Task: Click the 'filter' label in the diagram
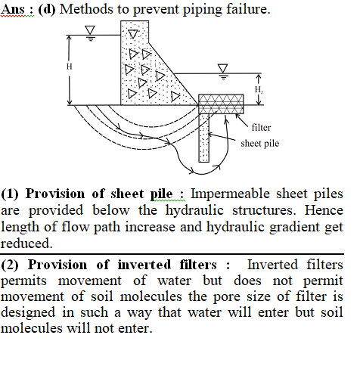tap(261, 128)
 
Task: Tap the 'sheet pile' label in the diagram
tap(260, 144)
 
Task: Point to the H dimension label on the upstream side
tap(70, 67)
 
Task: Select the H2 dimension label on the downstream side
tap(259, 90)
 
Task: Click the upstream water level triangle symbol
tap(90, 30)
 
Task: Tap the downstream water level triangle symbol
tap(223, 69)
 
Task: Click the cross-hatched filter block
tap(221, 104)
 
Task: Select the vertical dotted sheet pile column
tap(204, 138)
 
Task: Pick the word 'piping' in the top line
tap(203, 10)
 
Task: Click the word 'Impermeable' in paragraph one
tap(230, 194)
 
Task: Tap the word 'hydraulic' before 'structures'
tap(194, 210)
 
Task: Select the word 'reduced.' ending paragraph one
tap(26, 243)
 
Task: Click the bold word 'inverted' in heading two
tap(144, 265)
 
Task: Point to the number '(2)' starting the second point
tap(10, 265)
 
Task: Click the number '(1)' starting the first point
tap(10, 194)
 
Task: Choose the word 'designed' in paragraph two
tap(28, 312)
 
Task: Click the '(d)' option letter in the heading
tap(47, 10)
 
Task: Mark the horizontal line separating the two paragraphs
tap(172, 254)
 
